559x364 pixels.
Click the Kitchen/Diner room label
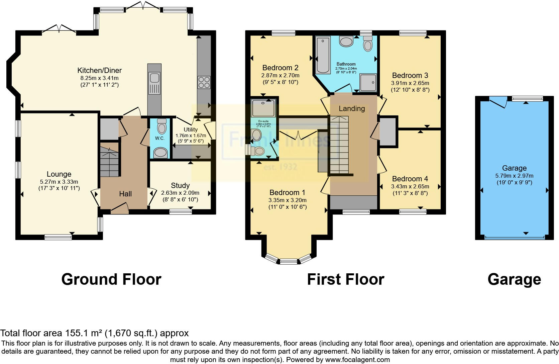point(99,70)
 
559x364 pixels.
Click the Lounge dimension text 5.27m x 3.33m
point(59,182)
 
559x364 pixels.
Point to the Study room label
point(180,185)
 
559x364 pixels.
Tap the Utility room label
point(191,129)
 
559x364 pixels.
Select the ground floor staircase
point(109,160)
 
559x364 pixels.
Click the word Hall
point(125,194)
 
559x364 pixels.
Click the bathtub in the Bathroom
point(323,55)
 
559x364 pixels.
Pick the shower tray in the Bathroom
point(368,82)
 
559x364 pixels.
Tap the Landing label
point(352,108)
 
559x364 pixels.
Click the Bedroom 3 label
point(410,75)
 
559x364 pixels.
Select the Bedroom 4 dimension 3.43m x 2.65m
point(410,186)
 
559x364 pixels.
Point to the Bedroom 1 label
point(287,192)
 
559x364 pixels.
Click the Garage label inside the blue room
point(514,168)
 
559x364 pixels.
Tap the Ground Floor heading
point(111,279)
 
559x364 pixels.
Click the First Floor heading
point(345,279)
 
